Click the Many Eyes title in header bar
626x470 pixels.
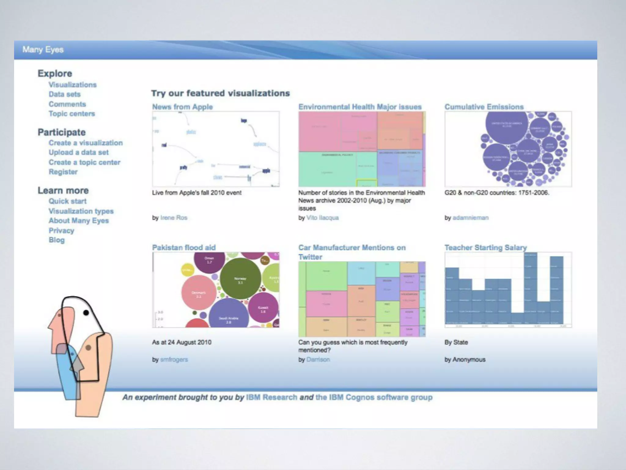point(43,50)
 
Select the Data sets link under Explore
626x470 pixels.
point(64,94)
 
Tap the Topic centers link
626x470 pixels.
point(72,114)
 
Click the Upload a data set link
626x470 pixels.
point(79,152)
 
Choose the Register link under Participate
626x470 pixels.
point(63,172)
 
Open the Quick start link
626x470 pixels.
point(68,201)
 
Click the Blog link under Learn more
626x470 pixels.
point(57,240)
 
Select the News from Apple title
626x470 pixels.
point(182,107)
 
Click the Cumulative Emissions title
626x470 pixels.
point(484,107)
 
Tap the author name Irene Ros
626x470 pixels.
point(174,218)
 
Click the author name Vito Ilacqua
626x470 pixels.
point(322,218)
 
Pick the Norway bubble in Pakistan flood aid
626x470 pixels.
point(241,280)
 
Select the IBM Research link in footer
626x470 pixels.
point(271,397)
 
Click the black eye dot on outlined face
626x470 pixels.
point(86,313)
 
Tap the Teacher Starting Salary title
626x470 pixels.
point(485,248)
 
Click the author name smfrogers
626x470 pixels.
point(174,360)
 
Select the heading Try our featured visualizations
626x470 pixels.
point(220,93)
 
